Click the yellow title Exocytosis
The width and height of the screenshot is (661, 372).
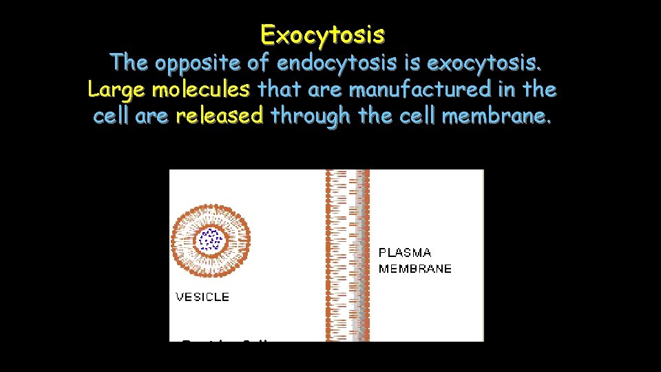[323, 34]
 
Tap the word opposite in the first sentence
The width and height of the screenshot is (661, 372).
[197, 63]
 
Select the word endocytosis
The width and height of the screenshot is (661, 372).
[337, 63]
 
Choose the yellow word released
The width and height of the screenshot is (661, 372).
[220, 116]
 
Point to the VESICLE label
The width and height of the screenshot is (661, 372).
[202, 297]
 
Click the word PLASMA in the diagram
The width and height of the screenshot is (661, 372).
[406, 253]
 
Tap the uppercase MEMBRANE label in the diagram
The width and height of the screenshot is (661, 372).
[415, 269]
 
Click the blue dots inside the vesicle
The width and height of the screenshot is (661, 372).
[210, 240]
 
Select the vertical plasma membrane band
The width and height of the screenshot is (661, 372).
[348, 255]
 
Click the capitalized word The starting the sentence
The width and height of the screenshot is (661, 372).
[129, 63]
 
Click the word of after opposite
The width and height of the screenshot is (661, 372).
[257, 63]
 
